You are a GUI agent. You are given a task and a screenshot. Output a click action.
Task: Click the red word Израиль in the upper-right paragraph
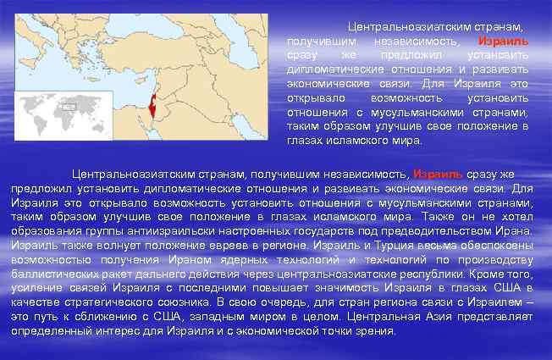coord(503,40)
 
